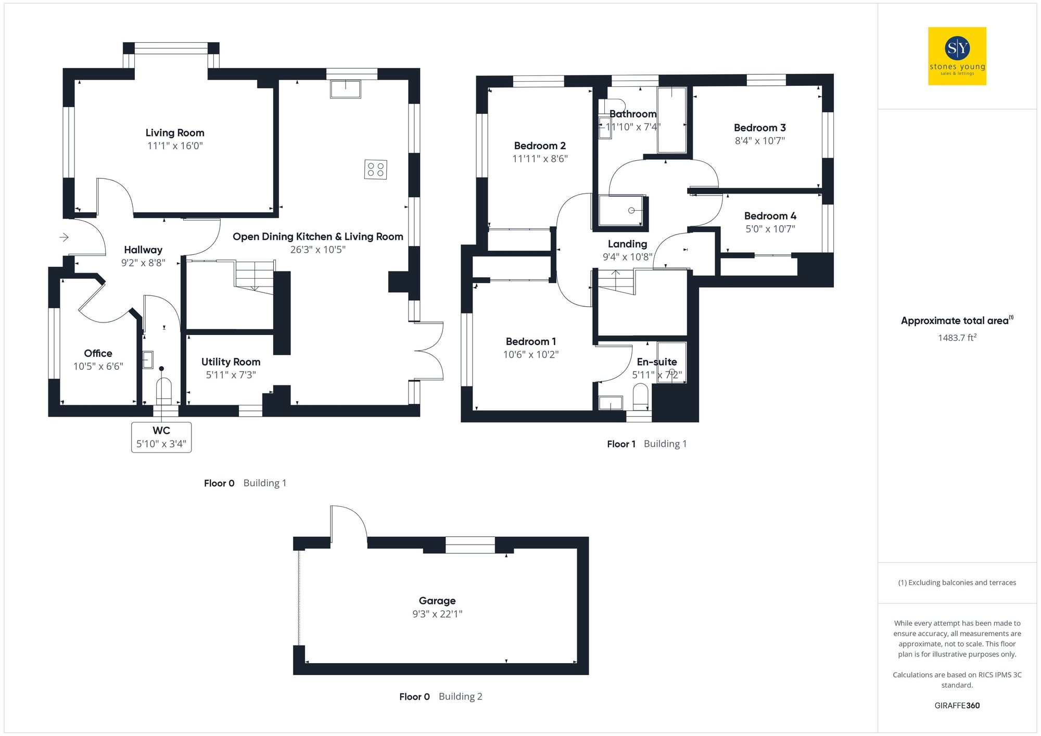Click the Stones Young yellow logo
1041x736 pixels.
(957, 56)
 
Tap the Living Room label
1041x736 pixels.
(174, 133)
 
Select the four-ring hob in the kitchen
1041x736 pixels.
(375, 169)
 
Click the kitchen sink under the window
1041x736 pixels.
(345, 89)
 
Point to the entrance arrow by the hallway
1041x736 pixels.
(64, 237)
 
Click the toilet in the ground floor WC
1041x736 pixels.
(163, 390)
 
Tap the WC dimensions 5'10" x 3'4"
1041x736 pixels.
(161, 444)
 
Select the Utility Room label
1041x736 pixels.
(231, 361)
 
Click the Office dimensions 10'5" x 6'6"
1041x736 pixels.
(98, 366)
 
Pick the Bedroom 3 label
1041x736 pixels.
(759, 127)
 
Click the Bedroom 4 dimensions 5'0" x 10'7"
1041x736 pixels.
(770, 229)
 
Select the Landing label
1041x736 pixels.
(627, 244)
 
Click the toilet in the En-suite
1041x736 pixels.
(640, 396)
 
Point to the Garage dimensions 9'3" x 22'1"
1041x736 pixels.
(437, 614)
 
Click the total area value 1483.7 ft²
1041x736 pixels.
(957, 338)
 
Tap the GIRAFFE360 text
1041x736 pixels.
(957, 705)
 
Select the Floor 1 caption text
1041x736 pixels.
(621, 444)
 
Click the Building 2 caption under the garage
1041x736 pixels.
(460, 696)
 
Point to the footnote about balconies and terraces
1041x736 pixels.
(957, 583)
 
